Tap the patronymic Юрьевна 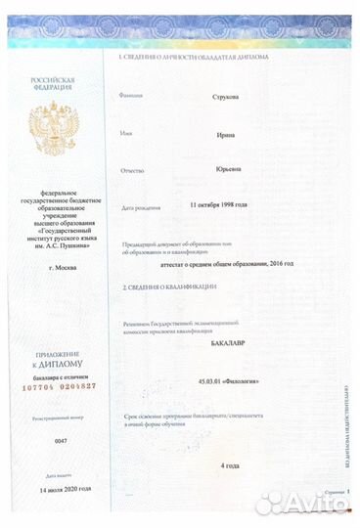pos(229,169)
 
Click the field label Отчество pos(132,170)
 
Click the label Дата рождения pos(139,208)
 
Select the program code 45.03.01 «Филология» pos(228,381)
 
